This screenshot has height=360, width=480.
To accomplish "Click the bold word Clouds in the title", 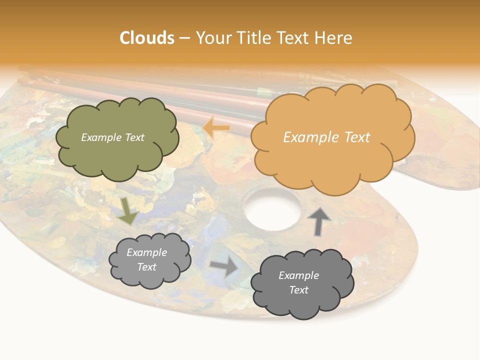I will pyautogui.click(x=147, y=38).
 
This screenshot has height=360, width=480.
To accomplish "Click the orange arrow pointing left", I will pyautogui.click(x=216, y=127).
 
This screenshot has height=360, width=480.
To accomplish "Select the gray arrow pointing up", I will pyautogui.click(x=318, y=221).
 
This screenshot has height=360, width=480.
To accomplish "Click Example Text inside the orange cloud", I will pyautogui.click(x=326, y=137).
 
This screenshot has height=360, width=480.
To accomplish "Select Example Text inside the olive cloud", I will pyautogui.click(x=112, y=137).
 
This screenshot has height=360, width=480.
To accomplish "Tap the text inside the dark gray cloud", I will pyautogui.click(x=298, y=282).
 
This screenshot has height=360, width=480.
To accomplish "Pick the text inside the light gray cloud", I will pyautogui.click(x=146, y=259).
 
